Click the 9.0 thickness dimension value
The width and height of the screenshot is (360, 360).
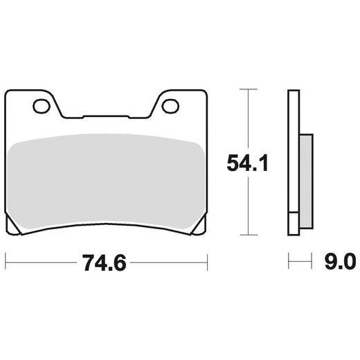click(339, 262)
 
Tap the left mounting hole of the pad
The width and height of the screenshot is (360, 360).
click(41, 106)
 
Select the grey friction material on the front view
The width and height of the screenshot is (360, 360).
click(106, 180)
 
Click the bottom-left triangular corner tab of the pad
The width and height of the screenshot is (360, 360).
click(12, 226)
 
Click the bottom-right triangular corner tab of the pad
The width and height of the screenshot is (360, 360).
click(201, 226)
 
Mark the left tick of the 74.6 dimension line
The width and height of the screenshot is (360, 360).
click(6, 262)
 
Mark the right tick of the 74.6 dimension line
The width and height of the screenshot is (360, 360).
click(208, 262)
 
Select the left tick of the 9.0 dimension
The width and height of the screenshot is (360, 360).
click(289, 262)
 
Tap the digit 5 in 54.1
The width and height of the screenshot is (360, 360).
click(233, 163)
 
